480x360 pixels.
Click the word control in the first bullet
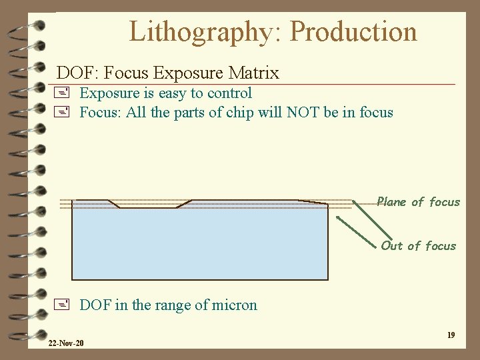pos(229,93)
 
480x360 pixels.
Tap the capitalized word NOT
pos(303,112)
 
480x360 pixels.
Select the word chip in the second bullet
pos(239,112)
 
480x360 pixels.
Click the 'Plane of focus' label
pos(418,202)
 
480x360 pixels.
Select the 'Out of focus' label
pos(418,246)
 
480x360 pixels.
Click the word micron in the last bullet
pos(233,305)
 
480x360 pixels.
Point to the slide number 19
pos(451,335)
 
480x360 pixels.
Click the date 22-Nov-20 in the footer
pos(66,343)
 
